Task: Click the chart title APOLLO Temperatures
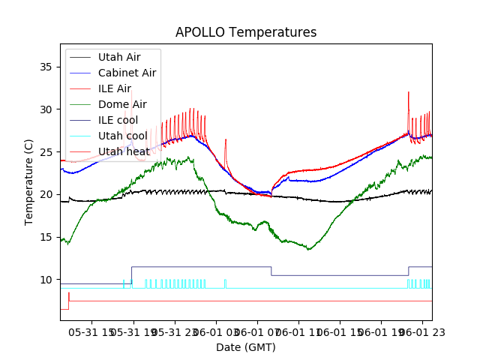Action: tap(246, 32)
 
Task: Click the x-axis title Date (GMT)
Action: tap(246, 347)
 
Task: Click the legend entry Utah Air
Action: tap(119, 57)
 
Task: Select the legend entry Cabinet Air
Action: tap(127, 73)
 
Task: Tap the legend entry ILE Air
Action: tap(114, 88)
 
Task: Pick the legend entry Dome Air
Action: tap(122, 104)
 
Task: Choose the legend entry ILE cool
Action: tap(118, 120)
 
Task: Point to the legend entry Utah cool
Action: tap(122, 136)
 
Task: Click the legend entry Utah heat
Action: tap(121, 151)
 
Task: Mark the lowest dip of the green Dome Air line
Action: tap(309, 250)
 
